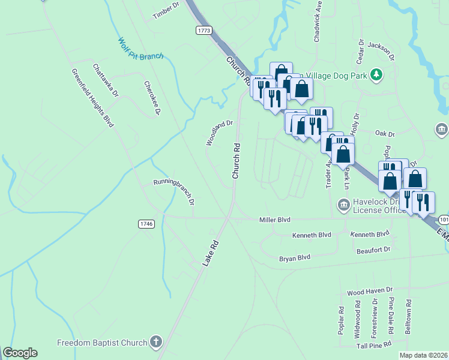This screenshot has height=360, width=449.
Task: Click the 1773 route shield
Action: pos(204,29)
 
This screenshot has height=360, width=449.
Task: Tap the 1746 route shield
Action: pos(146,224)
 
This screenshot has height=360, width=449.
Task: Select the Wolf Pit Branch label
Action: pos(140,50)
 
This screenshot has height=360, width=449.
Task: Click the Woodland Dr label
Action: pos(219,133)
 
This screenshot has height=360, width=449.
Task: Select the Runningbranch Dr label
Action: pos(174,191)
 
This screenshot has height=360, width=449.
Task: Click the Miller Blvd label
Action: pos(275,220)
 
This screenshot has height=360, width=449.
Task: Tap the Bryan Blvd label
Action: pos(295,257)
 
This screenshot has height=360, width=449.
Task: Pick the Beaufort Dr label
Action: pos(373,250)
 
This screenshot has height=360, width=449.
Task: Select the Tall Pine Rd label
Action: pos(373,344)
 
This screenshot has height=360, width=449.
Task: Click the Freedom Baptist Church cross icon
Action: pos(155,343)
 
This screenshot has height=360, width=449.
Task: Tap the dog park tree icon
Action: pos(376,74)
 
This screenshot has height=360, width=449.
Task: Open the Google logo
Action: pos(20,353)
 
